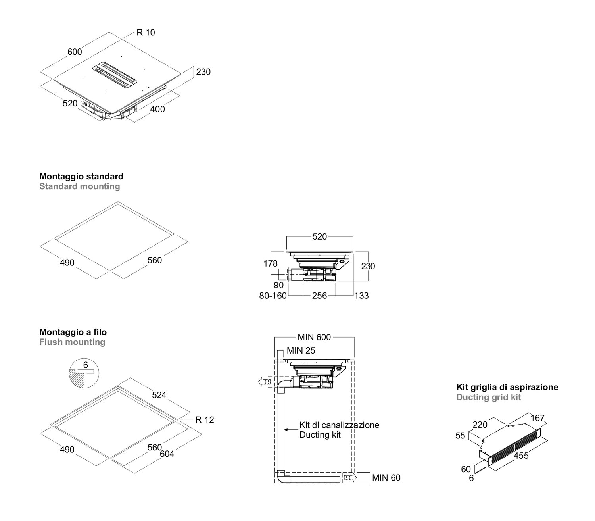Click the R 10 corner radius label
[146, 33]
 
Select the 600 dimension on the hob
[75, 52]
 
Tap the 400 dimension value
[157, 109]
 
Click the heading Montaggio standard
[81, 176]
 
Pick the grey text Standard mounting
[79, 186]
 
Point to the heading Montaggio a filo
[73, 332]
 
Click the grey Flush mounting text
[72, 342]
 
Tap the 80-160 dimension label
[273, 296]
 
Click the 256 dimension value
[319, 296]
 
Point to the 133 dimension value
[361, 296]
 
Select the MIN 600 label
[314, 337]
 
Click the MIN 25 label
[301, 351]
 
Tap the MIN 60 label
[386, 478]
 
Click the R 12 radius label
[204, 420]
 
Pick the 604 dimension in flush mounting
[167, 454]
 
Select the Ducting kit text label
[320, 435]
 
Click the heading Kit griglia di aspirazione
[507, 387]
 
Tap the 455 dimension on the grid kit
[521, 456]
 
